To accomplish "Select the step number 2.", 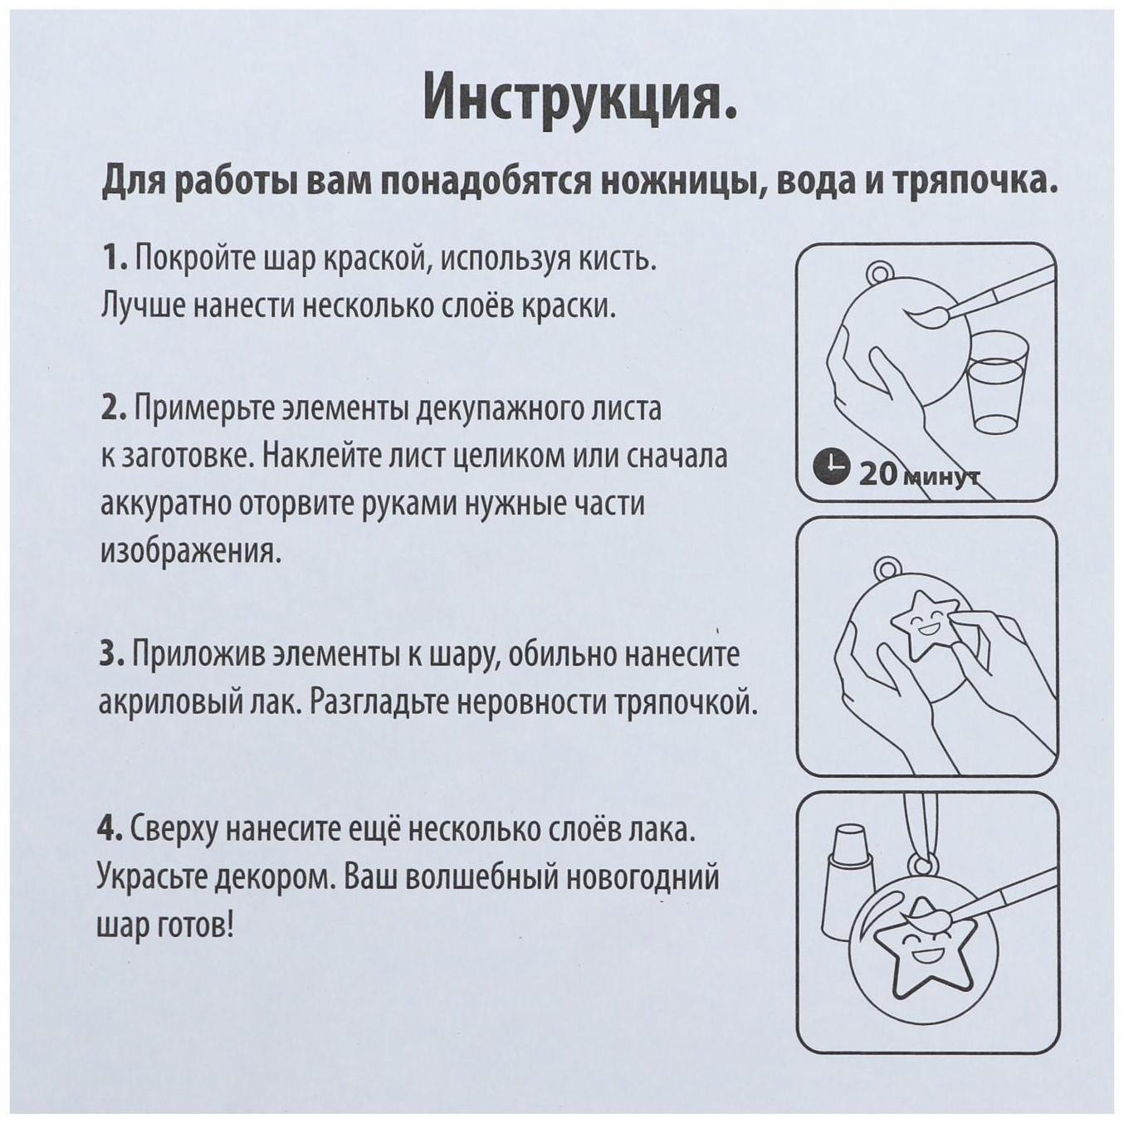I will [113, 409].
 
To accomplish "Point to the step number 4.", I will [110, 829].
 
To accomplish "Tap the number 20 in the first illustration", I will [877, 474].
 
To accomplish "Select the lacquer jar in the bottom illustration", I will [846, 879].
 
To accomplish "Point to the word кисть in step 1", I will [613, 259].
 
